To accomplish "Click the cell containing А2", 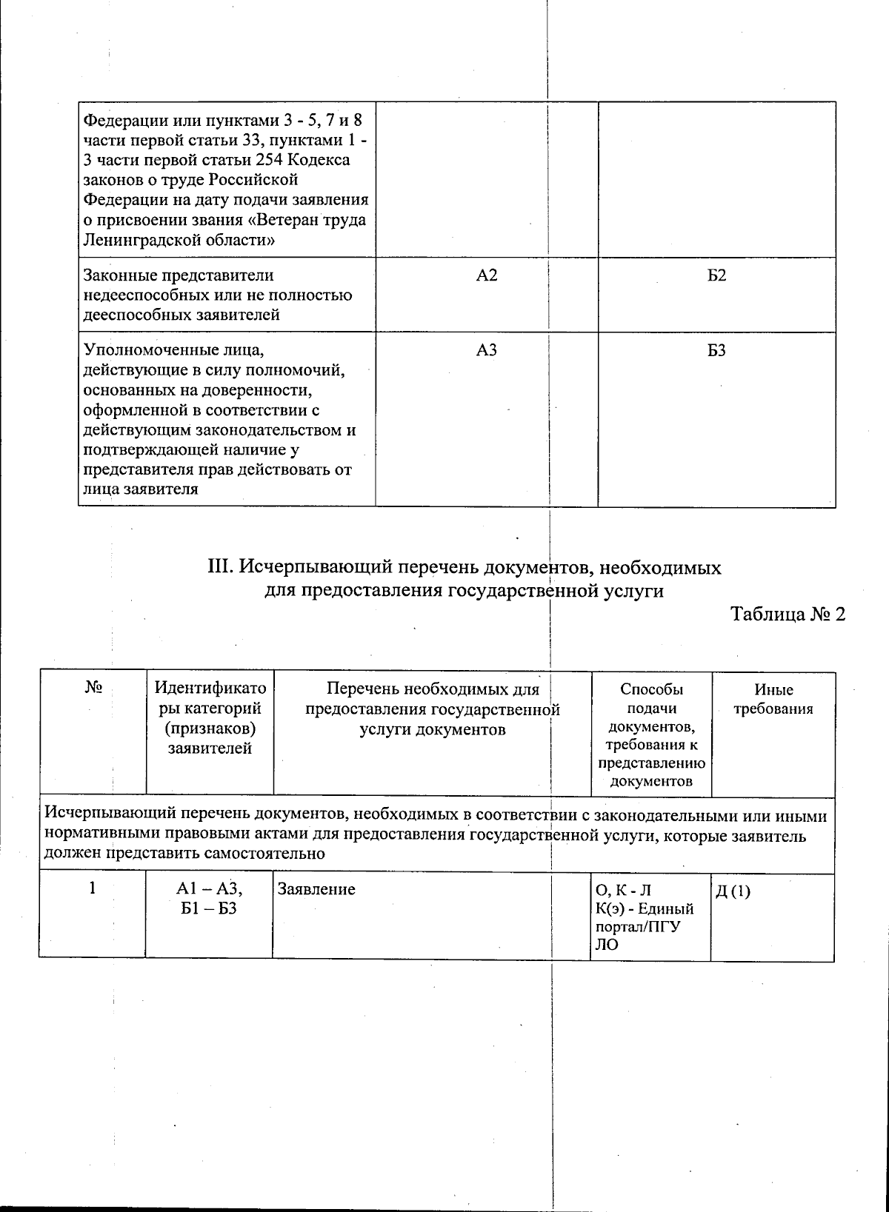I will click(x=486, y=275).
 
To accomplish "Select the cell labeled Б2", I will click(x=716, y=275).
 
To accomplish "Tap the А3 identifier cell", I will click(x=486, y=350).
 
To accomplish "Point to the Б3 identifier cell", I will click(x=716, y=350).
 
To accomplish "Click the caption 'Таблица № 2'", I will click(x=788, y=615).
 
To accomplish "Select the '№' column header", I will click(x=93, y=689).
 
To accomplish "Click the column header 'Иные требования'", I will click(x=773, y=699).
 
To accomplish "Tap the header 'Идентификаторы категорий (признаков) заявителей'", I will click(x=210, y=718).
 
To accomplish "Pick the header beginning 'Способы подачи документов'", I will click(x=651, y=734).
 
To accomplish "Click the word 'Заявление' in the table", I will click(x=316, y=889).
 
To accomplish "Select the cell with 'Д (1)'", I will click(x=733, y=891).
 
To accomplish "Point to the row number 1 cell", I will click(x=93, y=888).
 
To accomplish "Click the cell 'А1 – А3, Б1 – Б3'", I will click(x=210, y=898).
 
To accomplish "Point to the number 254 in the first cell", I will click(x=270, y=160).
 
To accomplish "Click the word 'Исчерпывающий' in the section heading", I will click(x=312, y=568).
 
